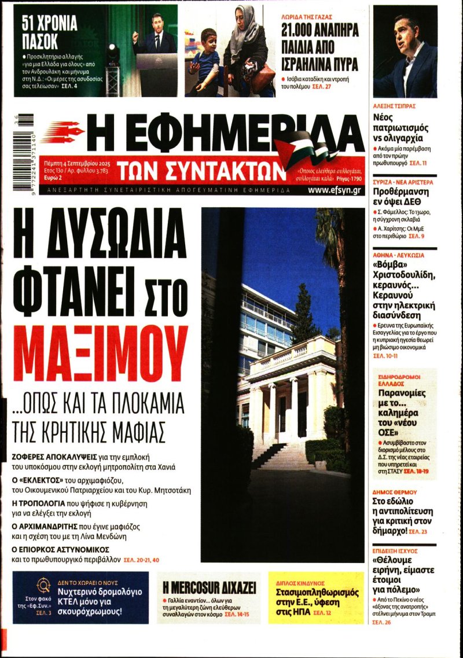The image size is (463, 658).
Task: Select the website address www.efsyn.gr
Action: tap(336, 189)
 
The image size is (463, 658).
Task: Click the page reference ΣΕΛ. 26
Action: tap(382, 622)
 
